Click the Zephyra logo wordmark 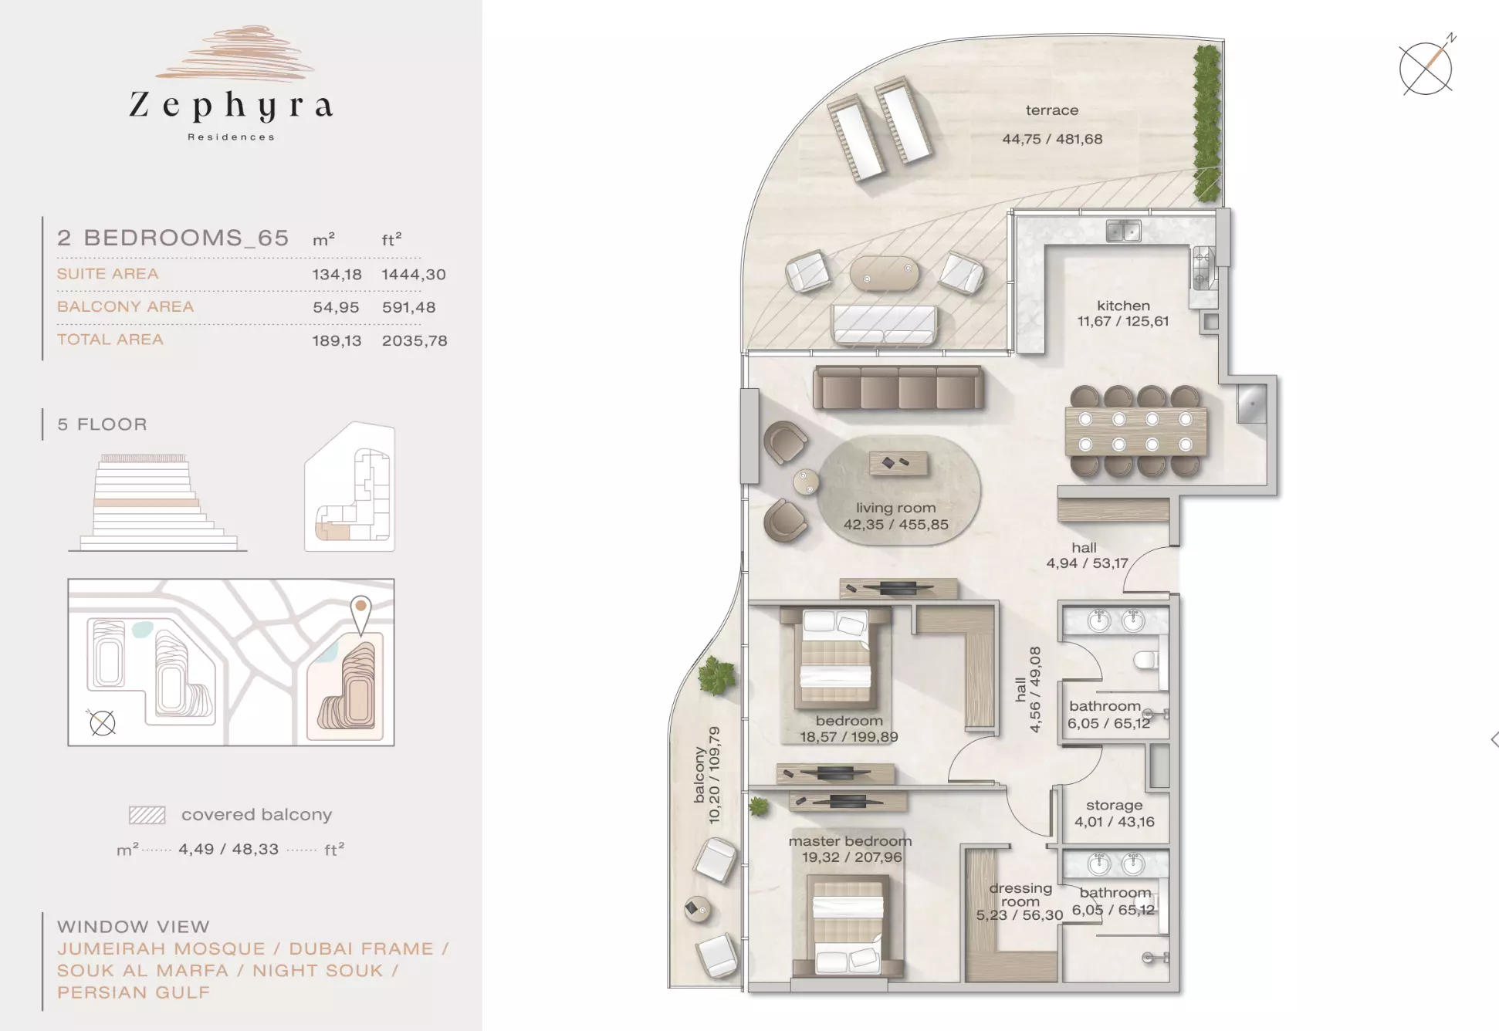pyautogui.click(x=231, y=106)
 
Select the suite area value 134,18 pyautogui.click(x=337, y=275)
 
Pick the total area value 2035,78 pyautogui.click(x=415, y=340)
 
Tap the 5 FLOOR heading pyautogui.click(x=102, y=424)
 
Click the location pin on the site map pyautogui.click(x=360, y=614)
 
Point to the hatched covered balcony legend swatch pyautogui.click(x=147, y=815)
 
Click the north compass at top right pyautogui.click(x=1426, y=68)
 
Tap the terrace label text pyautogui.click(x=1052, y=110)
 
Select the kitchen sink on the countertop pyautogui.click(x=1123, y=230)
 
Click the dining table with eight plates pyautogui.click(x=1135, y=431)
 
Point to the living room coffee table pyautogui.click(x=898, y=463)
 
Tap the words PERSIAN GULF pyautogui.click(x=134, y=992)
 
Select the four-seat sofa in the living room pyautogui.click(x=898, y=387)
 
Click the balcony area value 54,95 pyautogui.click(x=336, y=307)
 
